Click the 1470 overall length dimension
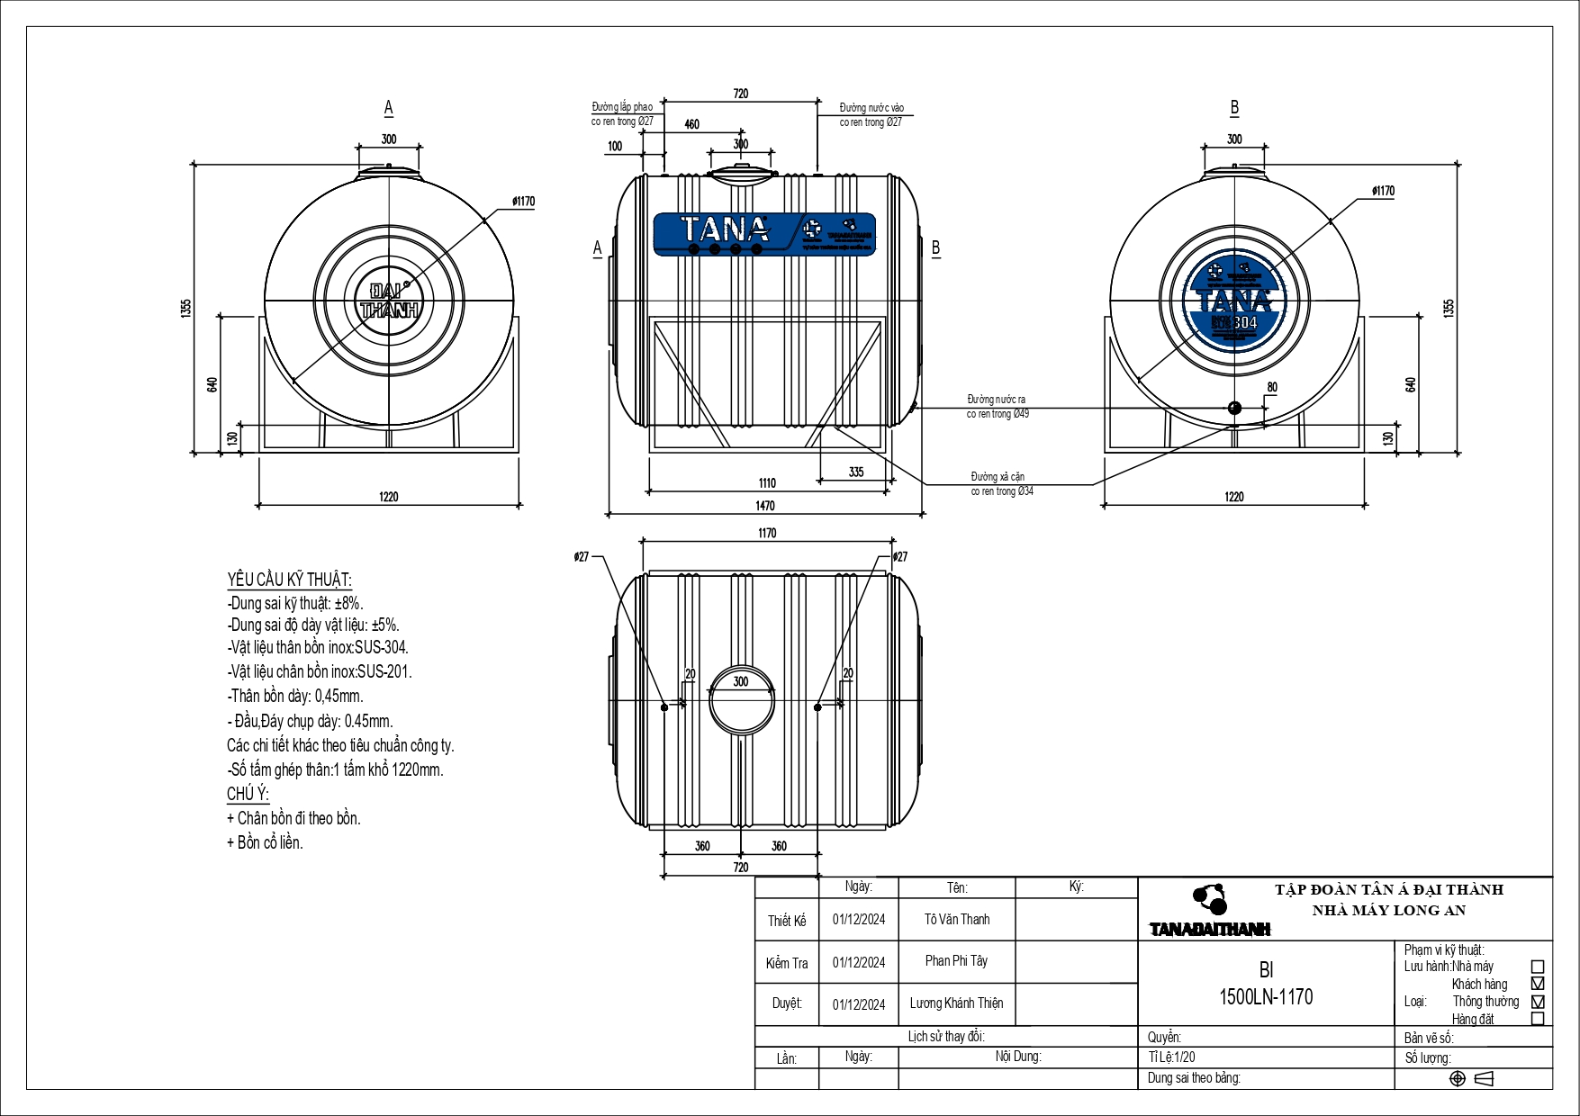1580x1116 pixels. tap(765, 506)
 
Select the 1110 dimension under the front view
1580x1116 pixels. tap(767, 483)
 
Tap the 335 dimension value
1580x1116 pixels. tap(855, 472)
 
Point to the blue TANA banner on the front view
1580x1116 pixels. tap(764, 233)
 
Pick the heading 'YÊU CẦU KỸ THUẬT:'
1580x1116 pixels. tap(289, 580)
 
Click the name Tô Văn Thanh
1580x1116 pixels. tap(956, 919)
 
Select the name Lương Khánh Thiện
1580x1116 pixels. tap(956, 1003)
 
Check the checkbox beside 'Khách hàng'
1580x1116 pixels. tap(1538, 984)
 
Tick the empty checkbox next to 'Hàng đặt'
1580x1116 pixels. tap(1538, 1019)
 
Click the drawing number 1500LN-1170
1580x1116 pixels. tap(1266, 996)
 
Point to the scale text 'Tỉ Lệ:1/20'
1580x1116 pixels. tap(1171, 1057)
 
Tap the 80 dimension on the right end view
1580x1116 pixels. tap(1271, 387)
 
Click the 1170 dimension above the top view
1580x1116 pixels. tap(767, 533)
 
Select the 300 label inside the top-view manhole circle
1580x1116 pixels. tap(741, 681)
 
